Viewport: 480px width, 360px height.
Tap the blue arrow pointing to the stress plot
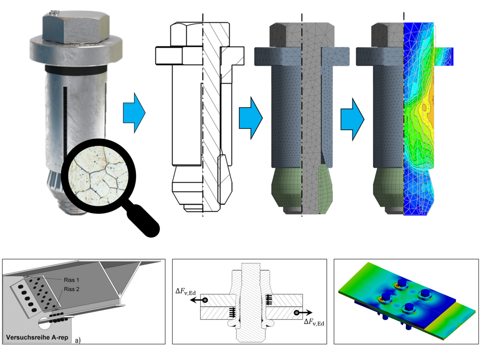tap(352, 119)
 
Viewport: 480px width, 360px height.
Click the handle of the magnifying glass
tap(143, 220)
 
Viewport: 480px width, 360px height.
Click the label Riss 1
tap(72, 280)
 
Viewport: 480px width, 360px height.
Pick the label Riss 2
tap(72, 289)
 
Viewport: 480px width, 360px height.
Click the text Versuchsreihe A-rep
tap(37, 337)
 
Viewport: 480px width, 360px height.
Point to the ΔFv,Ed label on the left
tap(186, 292)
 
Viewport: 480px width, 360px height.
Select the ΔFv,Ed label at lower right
tap(314, 322)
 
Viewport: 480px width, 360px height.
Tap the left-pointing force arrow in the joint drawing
tap(198, 300)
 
